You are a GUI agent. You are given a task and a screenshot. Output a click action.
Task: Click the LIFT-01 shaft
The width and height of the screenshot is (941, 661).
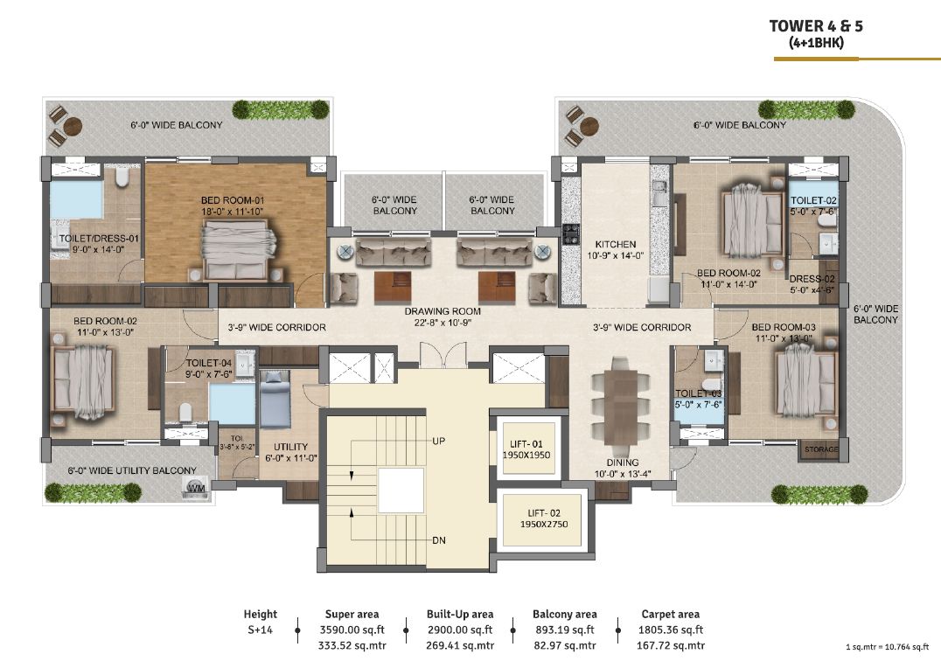click(526, 448)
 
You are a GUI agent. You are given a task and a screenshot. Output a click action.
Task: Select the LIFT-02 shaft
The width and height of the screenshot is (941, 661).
click(542, 519)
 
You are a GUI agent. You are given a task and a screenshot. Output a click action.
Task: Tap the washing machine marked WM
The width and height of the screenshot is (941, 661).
click(196, 488)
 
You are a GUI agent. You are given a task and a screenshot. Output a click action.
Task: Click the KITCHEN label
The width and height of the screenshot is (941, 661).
click(615, 244)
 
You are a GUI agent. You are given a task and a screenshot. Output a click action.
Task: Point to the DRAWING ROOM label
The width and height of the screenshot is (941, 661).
click(443, 311)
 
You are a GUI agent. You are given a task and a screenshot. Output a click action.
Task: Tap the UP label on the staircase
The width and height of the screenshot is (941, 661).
click(439, 441)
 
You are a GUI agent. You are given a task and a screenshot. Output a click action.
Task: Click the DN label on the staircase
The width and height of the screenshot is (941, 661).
click(439, 540)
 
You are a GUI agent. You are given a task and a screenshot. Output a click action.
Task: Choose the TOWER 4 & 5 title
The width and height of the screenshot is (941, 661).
click(816, 25)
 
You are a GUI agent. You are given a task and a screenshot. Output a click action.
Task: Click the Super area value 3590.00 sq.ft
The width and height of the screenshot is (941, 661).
click(352, 630)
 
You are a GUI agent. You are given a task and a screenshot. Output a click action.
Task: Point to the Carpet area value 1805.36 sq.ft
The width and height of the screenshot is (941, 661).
click(671, 630)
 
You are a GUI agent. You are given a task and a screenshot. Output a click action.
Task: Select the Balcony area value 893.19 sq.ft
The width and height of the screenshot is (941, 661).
click(564, 630)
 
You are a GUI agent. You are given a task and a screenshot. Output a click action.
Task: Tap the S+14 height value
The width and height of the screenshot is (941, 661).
click(261, 630)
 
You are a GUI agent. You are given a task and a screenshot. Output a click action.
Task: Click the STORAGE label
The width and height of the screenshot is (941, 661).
click(820, 449)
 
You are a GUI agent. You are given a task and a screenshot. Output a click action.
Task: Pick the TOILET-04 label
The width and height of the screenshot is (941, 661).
click(209, 363)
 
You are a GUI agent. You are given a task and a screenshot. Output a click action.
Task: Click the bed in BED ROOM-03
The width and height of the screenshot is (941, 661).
click(806, 384)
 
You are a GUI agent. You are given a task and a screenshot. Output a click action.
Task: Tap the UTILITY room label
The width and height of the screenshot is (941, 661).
click(290, 447)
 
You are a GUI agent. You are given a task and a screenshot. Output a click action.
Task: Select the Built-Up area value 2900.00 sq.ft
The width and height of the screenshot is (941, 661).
click(460, 630)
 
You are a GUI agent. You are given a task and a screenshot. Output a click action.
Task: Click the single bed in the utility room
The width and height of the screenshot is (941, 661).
click(275, 399)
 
